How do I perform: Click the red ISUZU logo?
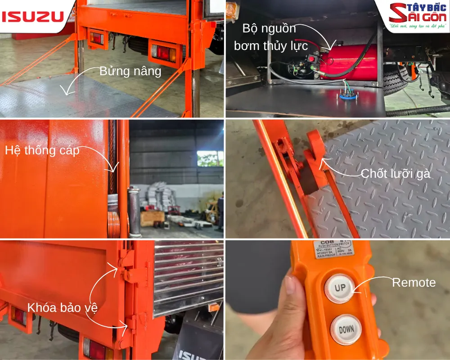click(32, 17)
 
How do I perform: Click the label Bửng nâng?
click(130, 72)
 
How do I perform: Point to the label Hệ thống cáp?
click(42, 150)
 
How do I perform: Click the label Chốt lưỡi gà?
click(396, 174)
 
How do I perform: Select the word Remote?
click(414, 283)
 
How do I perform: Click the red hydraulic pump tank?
click(349, 63)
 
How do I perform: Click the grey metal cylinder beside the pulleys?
click(134, 211)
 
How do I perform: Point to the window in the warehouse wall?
click(210, 158)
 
